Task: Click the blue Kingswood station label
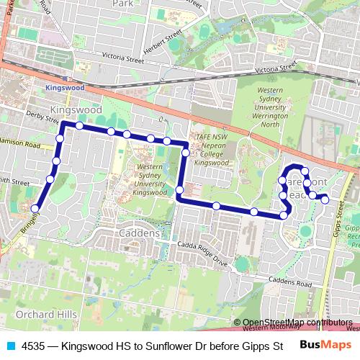64,87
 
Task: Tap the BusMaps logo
326,345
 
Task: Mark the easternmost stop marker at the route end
325,198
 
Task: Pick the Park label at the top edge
124,4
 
